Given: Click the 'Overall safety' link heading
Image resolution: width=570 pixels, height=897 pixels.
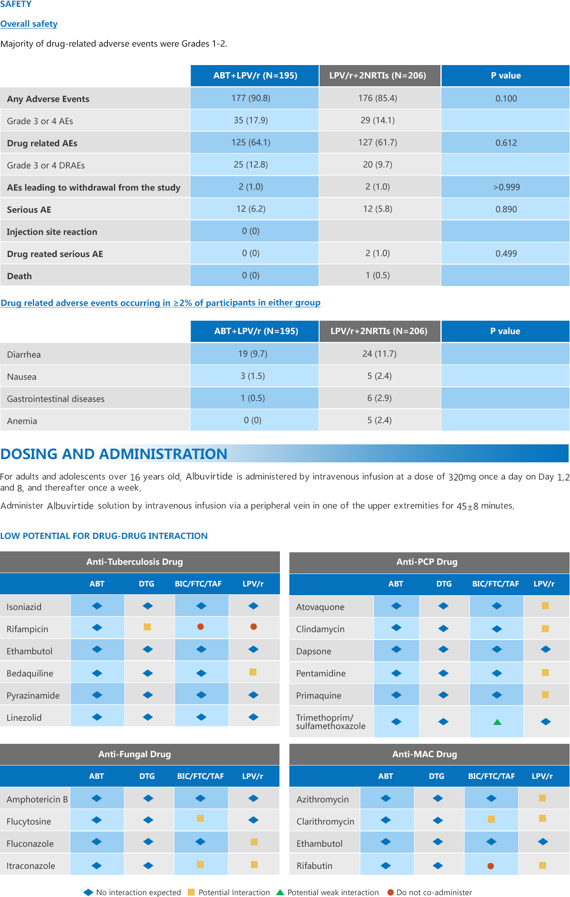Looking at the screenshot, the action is point(29,24).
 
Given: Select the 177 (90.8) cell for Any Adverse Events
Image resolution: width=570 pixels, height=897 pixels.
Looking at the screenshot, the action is point(251,98).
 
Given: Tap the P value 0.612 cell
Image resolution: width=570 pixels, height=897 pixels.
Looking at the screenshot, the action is point(506,143).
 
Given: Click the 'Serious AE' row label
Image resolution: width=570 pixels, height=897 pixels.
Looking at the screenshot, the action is point(29,209).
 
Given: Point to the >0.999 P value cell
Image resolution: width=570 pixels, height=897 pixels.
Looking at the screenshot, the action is point(506,187).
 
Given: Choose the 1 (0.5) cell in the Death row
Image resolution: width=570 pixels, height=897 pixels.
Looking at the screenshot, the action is point(378,275).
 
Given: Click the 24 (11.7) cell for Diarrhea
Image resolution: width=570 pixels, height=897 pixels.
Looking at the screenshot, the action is point(380,354).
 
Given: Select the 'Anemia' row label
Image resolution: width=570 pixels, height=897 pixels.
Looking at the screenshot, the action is point(22,421).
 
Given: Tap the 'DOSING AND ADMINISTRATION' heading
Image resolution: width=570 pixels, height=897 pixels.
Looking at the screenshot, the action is point(114,454).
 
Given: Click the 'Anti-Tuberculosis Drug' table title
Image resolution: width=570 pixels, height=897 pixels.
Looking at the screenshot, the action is point(135,562).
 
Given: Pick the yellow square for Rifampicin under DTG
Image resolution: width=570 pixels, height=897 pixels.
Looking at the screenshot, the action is point(148,627).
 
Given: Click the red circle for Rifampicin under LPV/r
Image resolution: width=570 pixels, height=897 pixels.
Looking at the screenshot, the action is point(254,627).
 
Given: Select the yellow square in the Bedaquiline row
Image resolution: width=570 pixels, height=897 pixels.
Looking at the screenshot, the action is point(253,672).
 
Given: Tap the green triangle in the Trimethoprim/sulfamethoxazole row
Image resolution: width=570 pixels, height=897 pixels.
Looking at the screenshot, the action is point(497,722).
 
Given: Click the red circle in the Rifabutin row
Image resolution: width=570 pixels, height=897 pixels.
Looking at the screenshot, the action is point(491,866).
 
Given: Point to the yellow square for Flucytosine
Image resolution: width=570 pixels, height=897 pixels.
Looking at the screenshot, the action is point(200,818).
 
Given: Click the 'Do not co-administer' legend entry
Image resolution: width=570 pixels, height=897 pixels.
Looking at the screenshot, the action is point(429,892).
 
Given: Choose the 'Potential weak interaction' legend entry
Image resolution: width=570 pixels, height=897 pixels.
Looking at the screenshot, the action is point(327,892).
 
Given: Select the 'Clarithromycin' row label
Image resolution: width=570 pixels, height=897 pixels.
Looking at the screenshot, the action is point(326,821).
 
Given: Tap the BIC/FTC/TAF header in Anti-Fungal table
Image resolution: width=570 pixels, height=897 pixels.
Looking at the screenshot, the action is point(201,776).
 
